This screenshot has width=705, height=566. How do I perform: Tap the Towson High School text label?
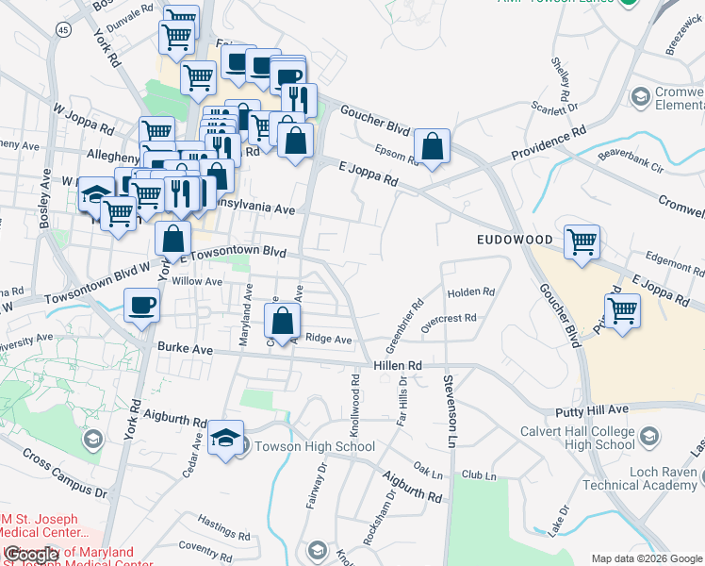315,446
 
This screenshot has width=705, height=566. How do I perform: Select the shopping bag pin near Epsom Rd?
431,147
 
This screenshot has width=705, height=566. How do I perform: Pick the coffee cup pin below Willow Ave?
141,305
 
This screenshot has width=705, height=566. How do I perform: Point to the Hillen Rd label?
396,364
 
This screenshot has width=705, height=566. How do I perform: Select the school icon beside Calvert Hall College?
648,437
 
